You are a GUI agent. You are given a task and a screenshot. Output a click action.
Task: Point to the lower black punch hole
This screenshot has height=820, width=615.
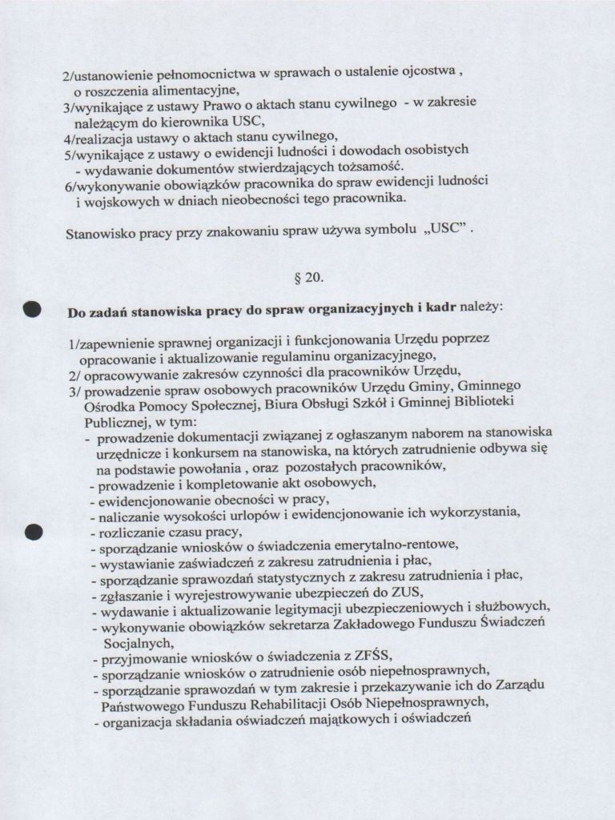(x=33, y=531)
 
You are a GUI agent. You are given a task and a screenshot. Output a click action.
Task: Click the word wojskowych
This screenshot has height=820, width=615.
(x=124, y=198)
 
